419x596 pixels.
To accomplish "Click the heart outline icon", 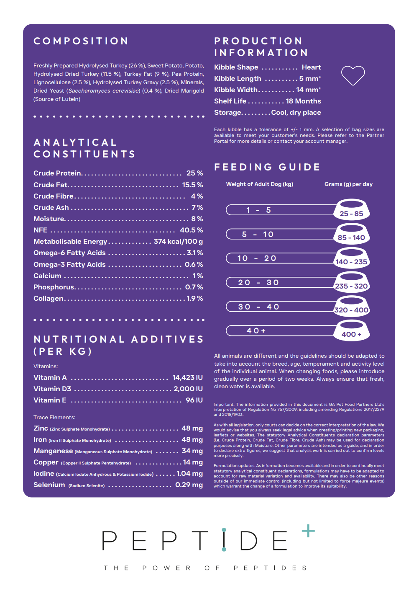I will coord(353,75).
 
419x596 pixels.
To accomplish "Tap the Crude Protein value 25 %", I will coord(194,173).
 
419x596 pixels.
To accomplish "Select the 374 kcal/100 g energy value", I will coord(178,242).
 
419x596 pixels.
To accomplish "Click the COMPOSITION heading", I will coord(81,41).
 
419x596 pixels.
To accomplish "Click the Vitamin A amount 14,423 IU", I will coord(187,378).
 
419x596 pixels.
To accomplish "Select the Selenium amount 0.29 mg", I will coord(189,485).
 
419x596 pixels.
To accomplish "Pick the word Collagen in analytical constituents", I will coord(49,299).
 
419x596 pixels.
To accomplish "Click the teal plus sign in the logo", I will coord(308,531).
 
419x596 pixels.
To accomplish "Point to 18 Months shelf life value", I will coord(303,101).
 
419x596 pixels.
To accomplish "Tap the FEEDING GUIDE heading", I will coord(267,167).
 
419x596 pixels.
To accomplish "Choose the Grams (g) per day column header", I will coord(348,184).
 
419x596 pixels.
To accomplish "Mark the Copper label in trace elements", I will coord(46,462).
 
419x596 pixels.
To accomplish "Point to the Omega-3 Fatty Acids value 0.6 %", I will coord(194,265).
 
